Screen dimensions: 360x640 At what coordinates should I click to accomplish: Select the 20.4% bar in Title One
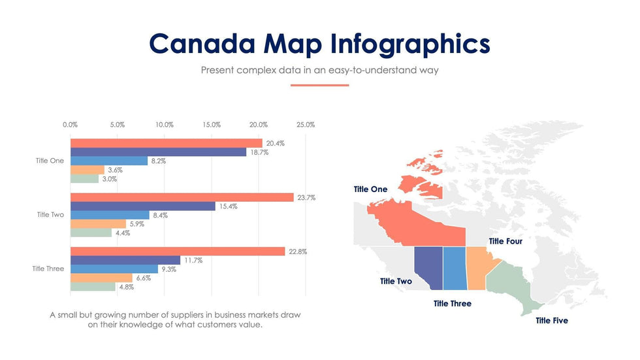point(166,143)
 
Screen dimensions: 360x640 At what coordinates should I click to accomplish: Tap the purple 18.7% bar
point(158,152)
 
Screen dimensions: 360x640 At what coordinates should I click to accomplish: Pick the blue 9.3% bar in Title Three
point(114,269)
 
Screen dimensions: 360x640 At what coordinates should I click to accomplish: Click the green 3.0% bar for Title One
point(84,178)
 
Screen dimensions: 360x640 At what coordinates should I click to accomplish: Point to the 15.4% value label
point(228,206)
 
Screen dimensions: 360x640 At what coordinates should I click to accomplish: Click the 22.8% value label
point(297,252)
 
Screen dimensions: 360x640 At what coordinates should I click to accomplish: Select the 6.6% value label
point(143,278)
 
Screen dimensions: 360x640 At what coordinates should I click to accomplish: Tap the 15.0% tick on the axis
point(212,124)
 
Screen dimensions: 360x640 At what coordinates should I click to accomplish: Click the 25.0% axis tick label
point(306,124)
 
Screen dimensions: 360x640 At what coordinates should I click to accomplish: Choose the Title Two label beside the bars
point(50,214)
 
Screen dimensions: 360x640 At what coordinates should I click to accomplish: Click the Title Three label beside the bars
point(48,269)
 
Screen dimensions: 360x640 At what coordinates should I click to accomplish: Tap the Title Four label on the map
point(505,241)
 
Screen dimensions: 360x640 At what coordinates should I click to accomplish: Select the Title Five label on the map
point(551,320)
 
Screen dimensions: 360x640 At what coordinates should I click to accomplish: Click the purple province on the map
point(429,265)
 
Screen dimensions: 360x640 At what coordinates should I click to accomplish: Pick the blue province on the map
point(455,268)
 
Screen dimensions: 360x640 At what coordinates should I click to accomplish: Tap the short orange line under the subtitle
point(319,85)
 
